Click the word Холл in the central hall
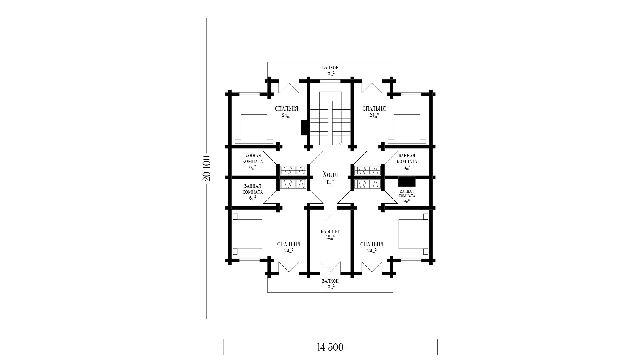[330, 175]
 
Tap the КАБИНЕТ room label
[330, 231]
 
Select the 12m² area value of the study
[330, 237]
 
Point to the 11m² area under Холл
[330, 182]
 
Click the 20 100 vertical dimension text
[206, 168]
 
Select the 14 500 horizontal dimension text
[330, 347]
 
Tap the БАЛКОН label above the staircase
[330, 68]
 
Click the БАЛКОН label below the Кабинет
[330, 281]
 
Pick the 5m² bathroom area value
[407, 201]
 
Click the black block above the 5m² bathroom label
[407, 181]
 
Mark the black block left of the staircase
[304, 128]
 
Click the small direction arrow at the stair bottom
[341, 144]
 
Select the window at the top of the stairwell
[330, 81]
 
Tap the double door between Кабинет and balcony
[330, 267]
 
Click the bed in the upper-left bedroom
[254, 129]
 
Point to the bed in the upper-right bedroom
[407, 129]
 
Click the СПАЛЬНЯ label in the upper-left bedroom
[287, 109]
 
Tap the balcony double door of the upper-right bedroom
[372, 87]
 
